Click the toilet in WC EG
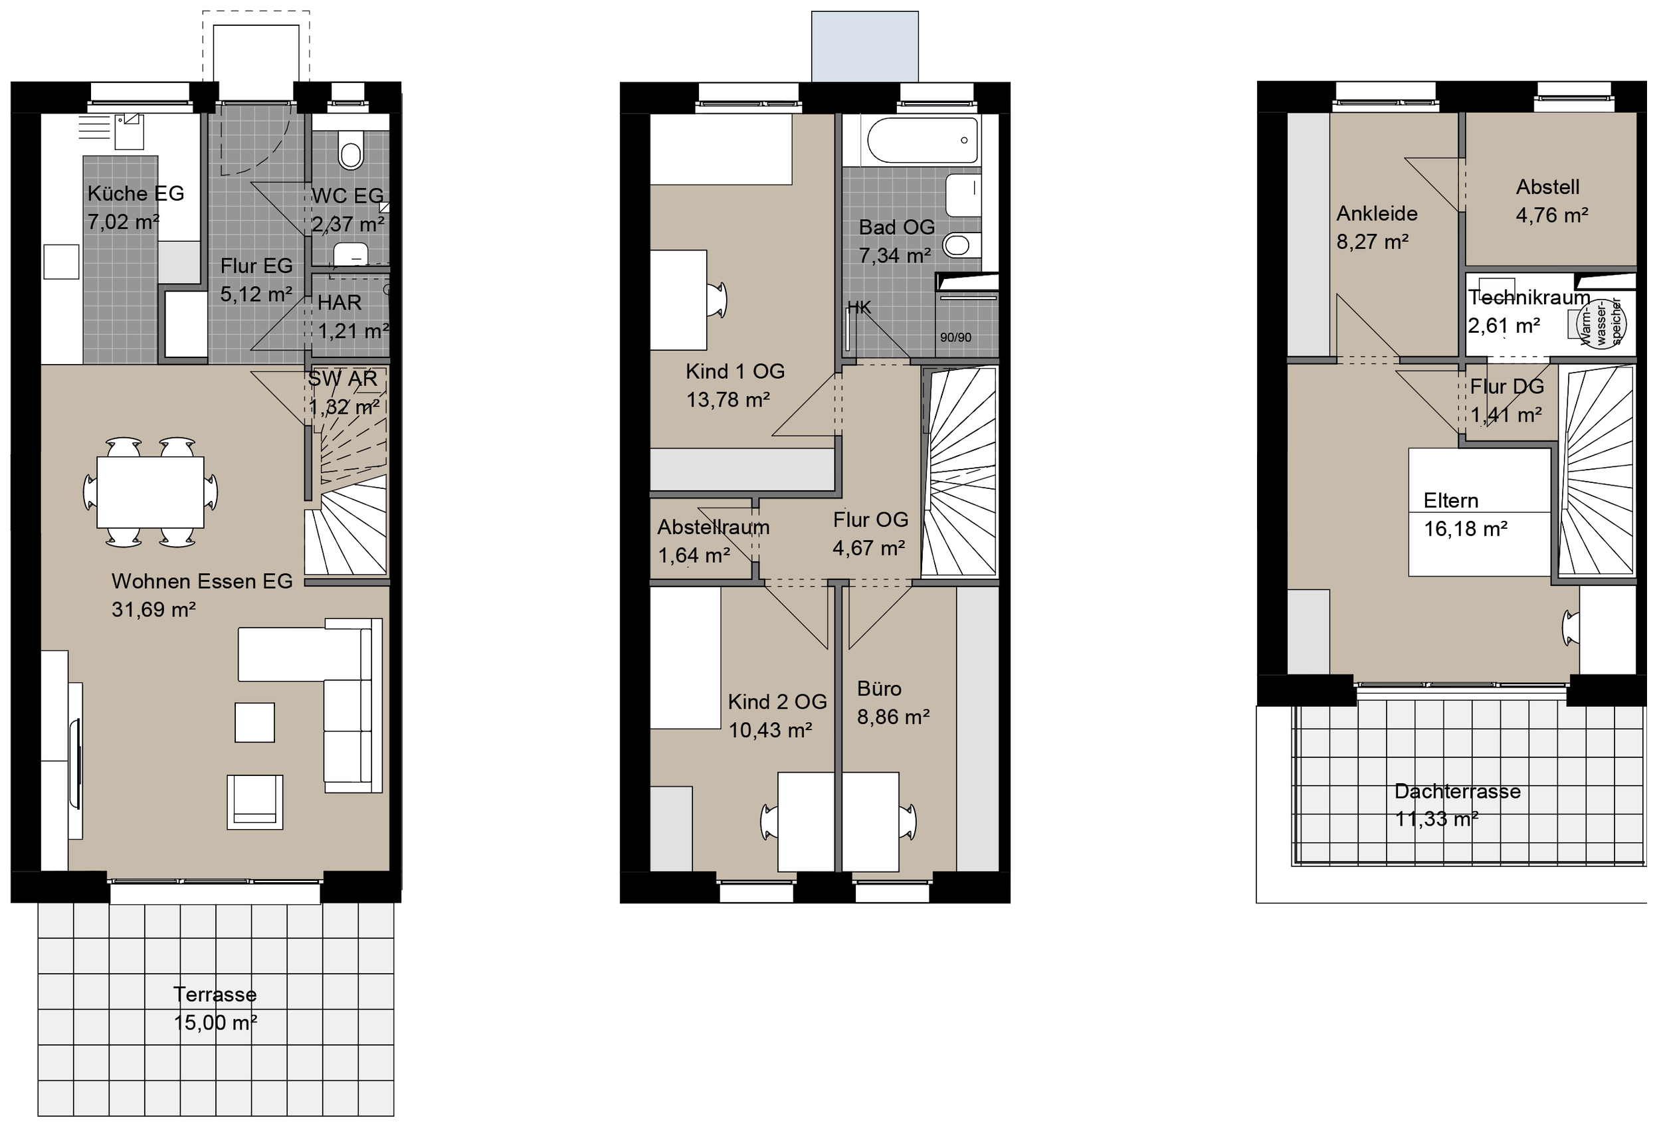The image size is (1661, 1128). (351, 150)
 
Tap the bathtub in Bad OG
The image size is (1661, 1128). (922, 140)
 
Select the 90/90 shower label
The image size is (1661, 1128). (955, 337)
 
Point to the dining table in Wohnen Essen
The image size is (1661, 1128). (150, 492)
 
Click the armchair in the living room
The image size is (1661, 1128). (254, 802)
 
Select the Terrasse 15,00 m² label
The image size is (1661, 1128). (215, 1008)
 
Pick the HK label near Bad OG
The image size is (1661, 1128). (859, 308)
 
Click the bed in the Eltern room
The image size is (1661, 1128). (1479, 512)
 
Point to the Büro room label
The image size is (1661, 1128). (879, 688)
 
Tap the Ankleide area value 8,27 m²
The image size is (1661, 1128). (1372, 242)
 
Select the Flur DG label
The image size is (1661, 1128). (1507, 387)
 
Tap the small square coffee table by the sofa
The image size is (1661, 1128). (254, 722)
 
